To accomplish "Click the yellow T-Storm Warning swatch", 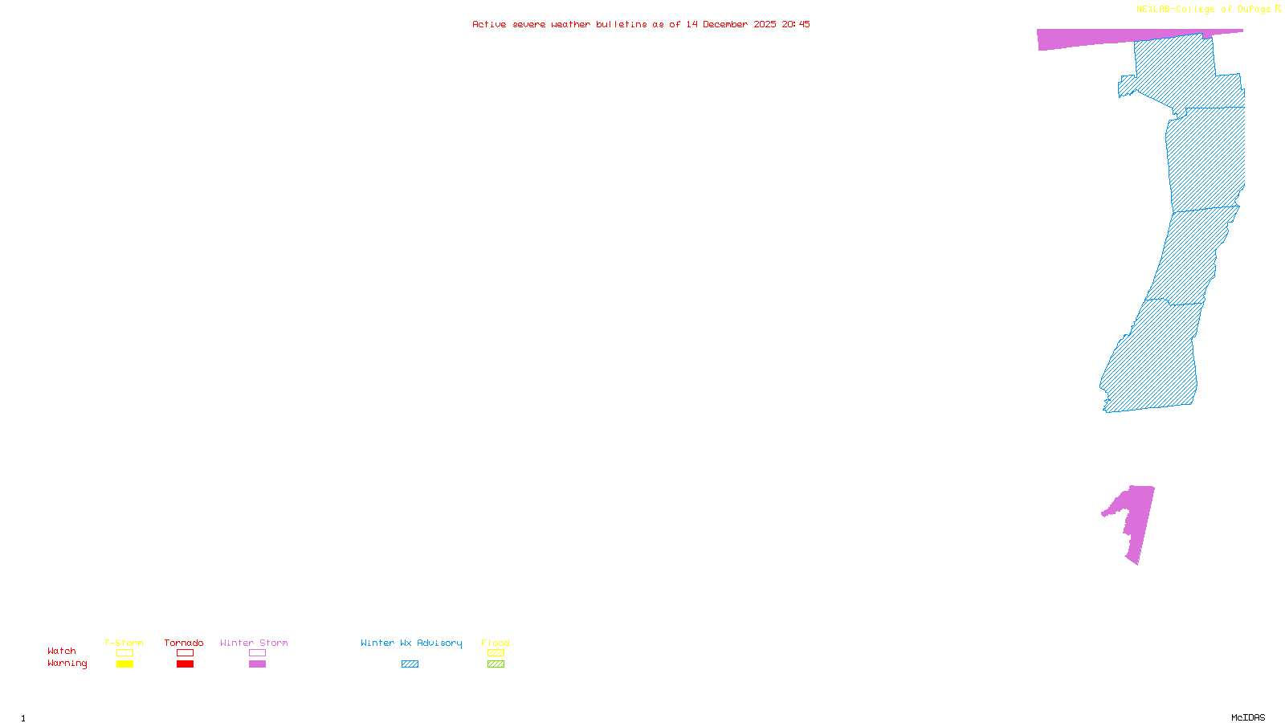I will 124,664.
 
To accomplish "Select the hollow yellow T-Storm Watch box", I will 124,653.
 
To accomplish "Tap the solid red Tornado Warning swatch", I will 185,664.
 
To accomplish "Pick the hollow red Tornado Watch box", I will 185,653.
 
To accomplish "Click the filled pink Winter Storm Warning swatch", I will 257,664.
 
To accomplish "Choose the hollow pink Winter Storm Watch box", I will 257,653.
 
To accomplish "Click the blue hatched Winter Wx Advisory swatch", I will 410,664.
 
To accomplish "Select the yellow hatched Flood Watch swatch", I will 496,653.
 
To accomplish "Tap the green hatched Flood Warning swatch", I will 496,664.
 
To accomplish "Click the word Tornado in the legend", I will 184,643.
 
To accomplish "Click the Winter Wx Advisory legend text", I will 411,643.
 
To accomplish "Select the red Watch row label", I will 62,652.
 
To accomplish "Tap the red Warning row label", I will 67,664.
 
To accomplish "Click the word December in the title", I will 725,24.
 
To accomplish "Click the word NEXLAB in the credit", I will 1153,9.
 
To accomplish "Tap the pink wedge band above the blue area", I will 1108,39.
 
